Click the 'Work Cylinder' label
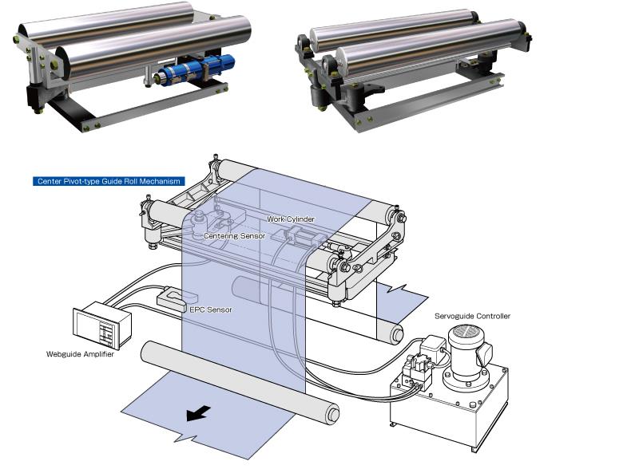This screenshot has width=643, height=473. [x=291, y=219]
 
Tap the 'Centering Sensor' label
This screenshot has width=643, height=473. [x=233, y=235]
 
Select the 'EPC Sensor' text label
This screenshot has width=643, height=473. [x=210, y=309]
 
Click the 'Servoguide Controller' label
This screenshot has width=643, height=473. [x=472, y=316]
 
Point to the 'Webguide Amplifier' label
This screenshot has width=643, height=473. [x=80, y=354]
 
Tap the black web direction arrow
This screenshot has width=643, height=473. [x=199, y=412]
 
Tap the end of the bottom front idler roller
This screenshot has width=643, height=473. [x=331, y=414]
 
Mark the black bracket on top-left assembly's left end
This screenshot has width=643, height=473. [x=36, y=97]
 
